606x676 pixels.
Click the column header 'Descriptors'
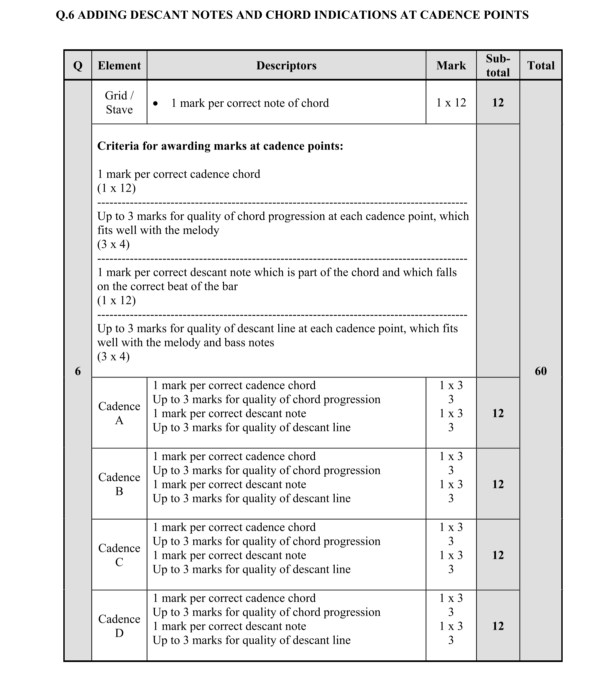[286, 66]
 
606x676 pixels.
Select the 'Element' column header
[119, 66]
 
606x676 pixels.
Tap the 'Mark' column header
[451, 66]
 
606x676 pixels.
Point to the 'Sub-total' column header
[498, 66]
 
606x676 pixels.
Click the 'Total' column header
[540, 66]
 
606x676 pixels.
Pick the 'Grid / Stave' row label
[119, 103]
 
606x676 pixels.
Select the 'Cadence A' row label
[119, 413]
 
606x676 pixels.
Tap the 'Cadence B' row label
[119, 484]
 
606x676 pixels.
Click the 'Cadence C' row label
[119, 555]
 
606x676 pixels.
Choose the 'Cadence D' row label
[119, 626]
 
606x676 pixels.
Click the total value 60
[540, 371]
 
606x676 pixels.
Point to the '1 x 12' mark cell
[451, 103]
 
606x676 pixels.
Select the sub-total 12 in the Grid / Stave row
[498, 103]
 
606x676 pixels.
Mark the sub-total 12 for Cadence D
[498, 626]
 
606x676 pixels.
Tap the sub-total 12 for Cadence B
[498, 484]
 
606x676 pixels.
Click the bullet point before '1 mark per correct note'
[156, 104]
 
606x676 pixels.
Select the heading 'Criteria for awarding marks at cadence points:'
[220, 146]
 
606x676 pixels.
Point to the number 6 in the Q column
[78, 371]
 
